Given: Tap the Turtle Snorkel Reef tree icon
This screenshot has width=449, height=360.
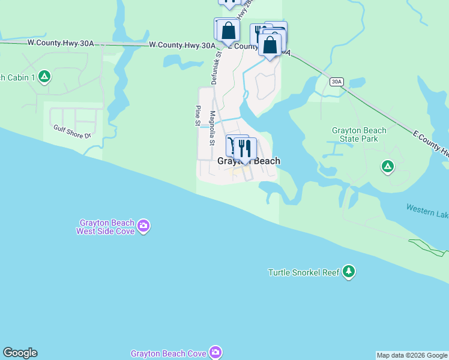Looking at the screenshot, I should click(349, 272).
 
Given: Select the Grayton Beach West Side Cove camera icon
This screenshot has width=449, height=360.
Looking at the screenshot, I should click(143, 226).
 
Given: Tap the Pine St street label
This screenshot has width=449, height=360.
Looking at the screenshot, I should click(197, 116).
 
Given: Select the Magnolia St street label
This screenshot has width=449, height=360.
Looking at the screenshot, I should click(212, 127).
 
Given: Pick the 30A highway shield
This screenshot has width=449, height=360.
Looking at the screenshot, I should click(337, 82).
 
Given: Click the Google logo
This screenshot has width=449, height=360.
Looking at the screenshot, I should click(20, 353).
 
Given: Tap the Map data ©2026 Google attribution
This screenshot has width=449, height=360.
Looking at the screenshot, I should click(412, 355).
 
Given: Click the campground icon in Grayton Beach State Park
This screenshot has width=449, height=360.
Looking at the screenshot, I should click(388, 166).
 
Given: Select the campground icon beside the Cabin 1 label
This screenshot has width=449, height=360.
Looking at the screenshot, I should click(44, 76).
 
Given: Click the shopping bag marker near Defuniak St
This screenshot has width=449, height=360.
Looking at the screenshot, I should click(228, 31).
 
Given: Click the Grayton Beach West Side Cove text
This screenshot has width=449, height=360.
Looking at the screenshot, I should click(105, 226).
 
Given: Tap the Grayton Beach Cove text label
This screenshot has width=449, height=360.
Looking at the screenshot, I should click(169, 353).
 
